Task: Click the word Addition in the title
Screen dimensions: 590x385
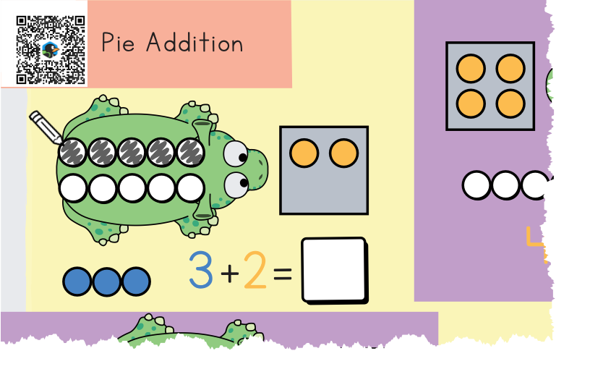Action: (x=194, y=43)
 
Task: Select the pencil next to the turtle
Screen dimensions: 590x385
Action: (x=46, y=127)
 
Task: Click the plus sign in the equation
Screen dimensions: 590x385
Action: (x=229, y=273)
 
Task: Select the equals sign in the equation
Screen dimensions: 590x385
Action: (x=282, y=274)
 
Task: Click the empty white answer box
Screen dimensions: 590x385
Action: (x=334, y=270)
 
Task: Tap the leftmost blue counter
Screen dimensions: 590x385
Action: (x=77, y=282)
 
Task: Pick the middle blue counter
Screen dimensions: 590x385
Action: (x=106, y=282)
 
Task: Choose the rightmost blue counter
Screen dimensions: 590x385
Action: (x=136, y=282)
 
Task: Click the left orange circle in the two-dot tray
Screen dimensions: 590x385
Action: (x=304, y=153)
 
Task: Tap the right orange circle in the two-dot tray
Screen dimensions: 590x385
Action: (x=343, y=153)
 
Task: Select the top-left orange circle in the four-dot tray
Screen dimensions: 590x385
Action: (x=471, y=69)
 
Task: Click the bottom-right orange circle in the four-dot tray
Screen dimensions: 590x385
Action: (x=510, y=103)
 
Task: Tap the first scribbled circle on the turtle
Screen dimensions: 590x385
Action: (x=73, y=152)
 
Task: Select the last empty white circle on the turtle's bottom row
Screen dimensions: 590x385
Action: (x=191, y=188)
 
